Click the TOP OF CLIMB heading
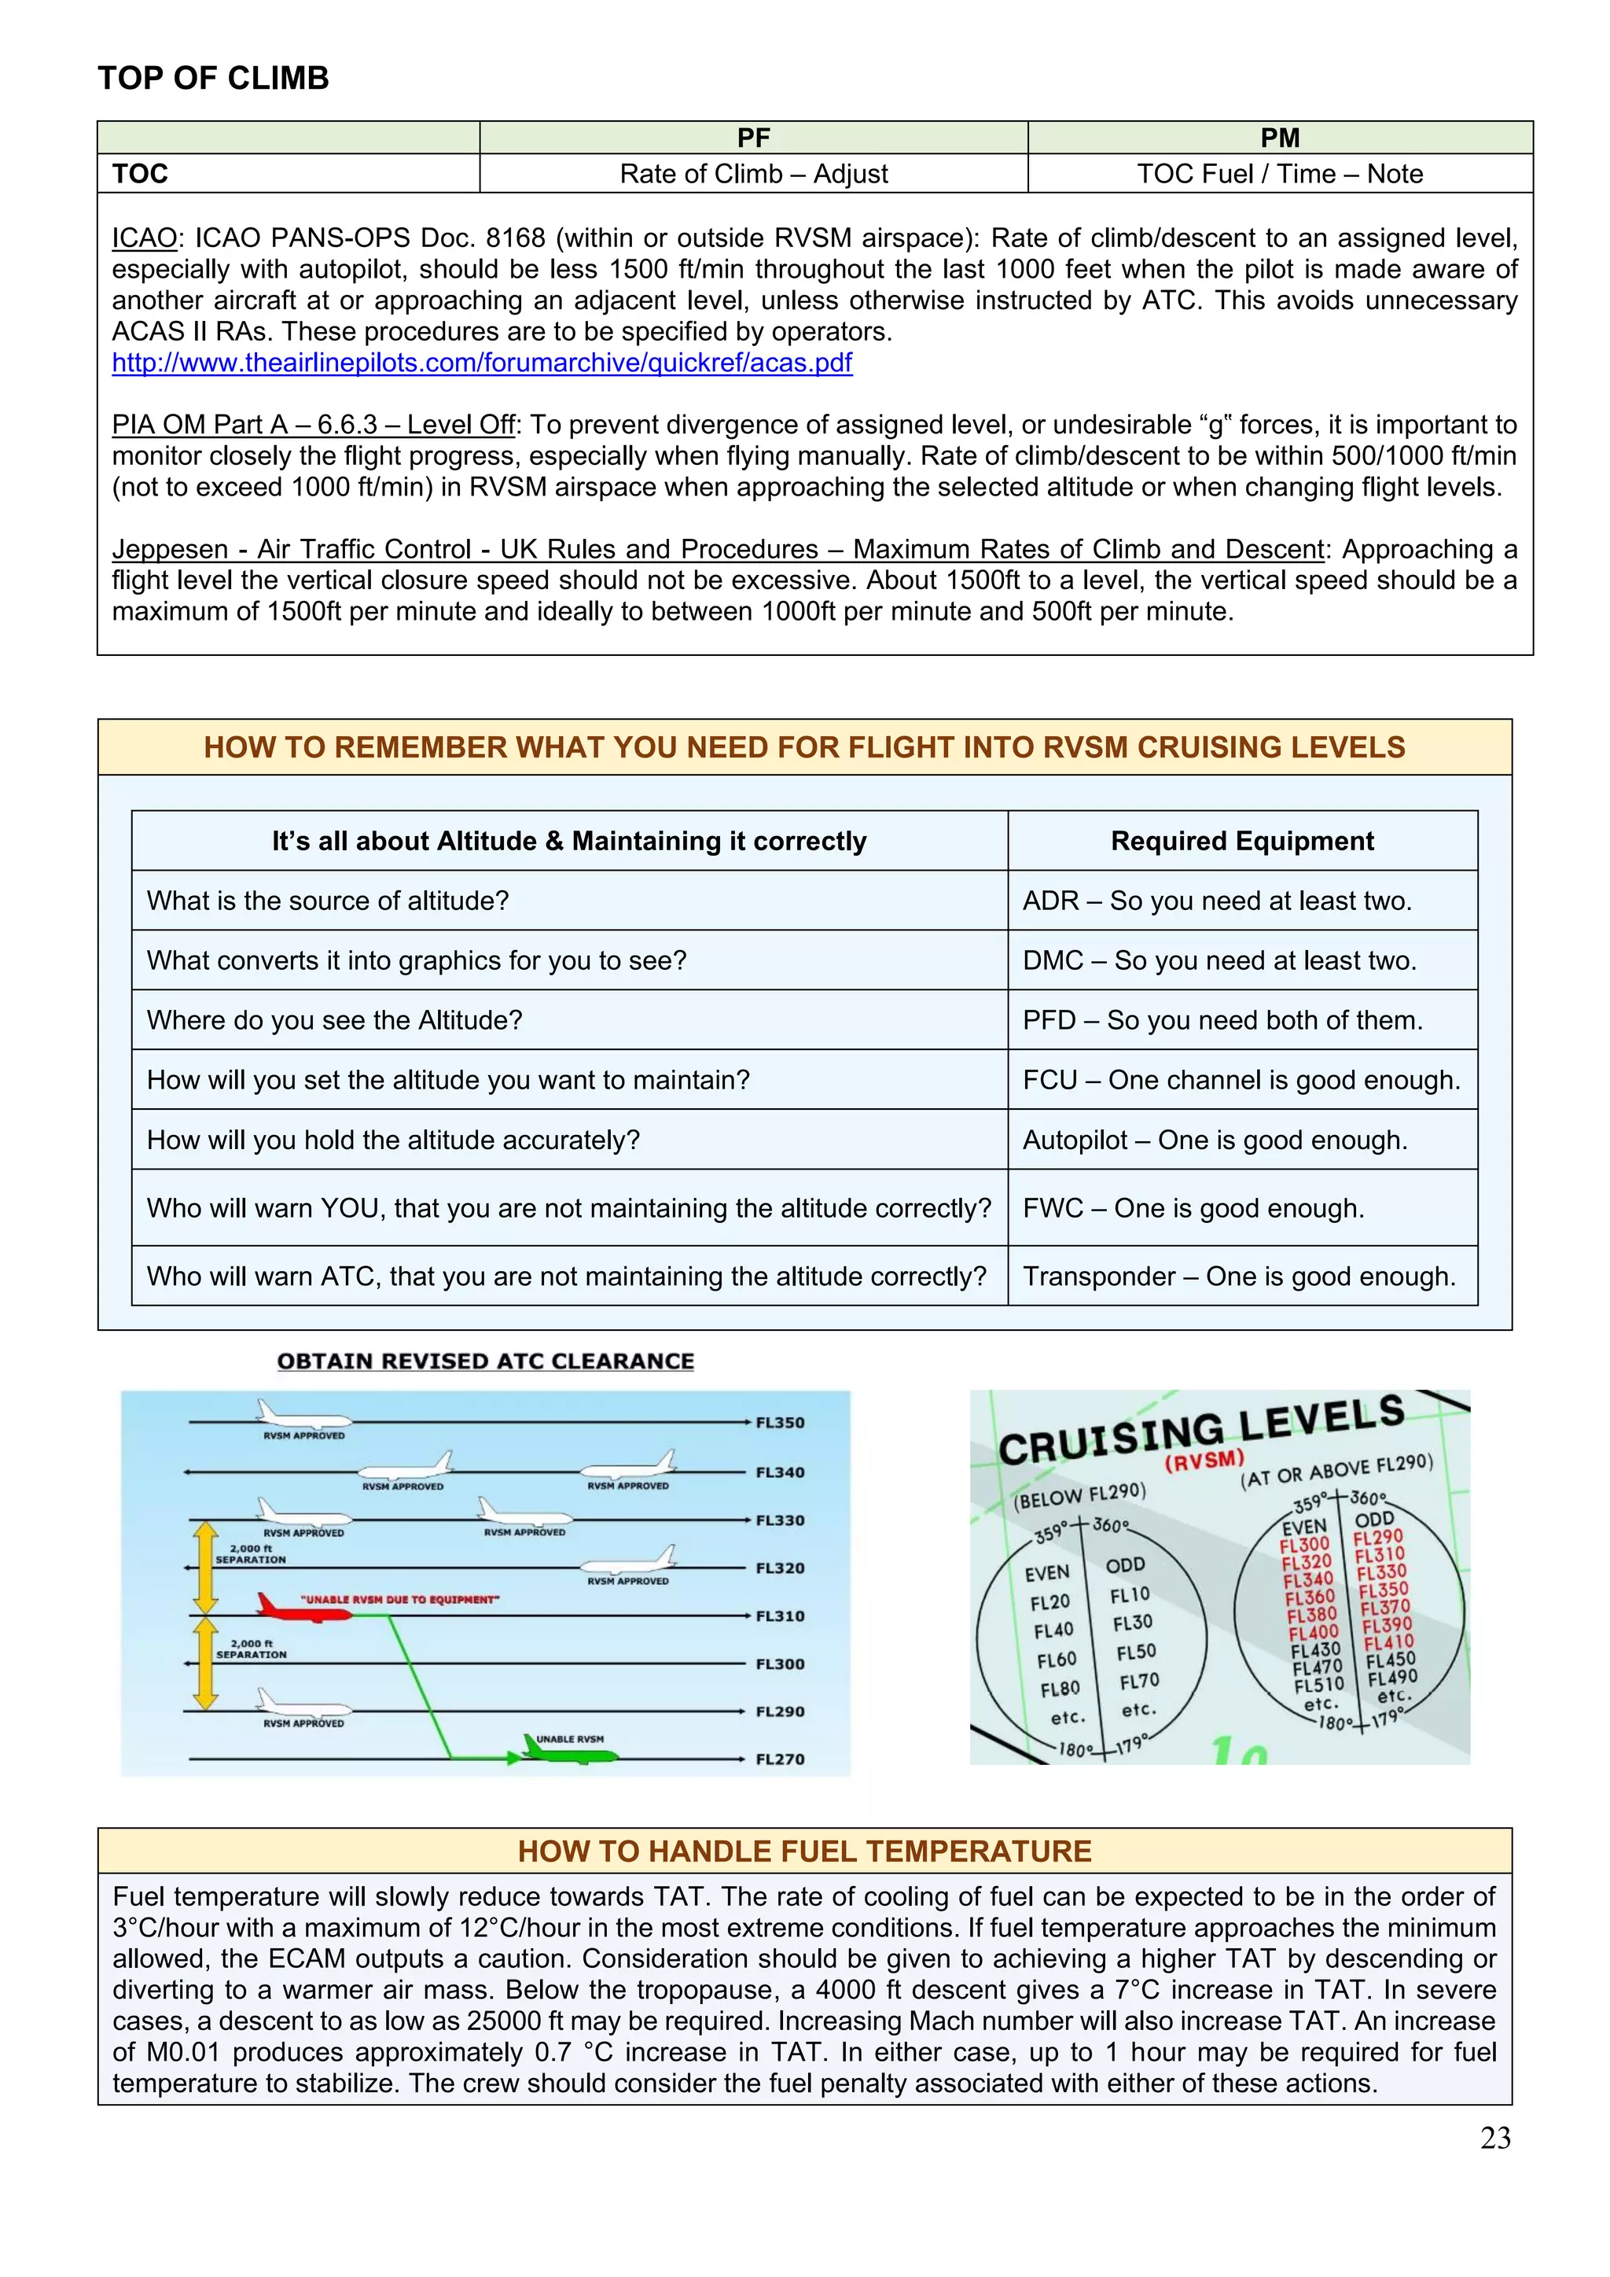[x=213, y=79]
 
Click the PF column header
[x=753, y=138]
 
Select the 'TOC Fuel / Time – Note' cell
[x=1279, y=174]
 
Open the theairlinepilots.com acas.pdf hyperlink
[x=482, y=363]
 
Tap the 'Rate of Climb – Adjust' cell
[x=753, y=174]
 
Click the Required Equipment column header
[x=1241, y=841]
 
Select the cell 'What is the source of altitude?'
[x=328, y=901]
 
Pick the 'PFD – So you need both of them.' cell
[x=1222, y=1020]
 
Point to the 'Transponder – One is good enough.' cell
[x=1239, y=1277]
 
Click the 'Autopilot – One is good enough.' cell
[x=1215, y=1140]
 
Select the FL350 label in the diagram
[x=780, y=1422]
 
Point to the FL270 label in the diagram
[x=780, y=1759]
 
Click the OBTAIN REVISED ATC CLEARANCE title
[x=486, y=1361]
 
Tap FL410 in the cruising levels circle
[x=1389, y=1642]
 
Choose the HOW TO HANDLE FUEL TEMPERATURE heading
[x=804, y=1851]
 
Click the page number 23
[x=1495, y=2138]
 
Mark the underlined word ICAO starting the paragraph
[x=143, y=239]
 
